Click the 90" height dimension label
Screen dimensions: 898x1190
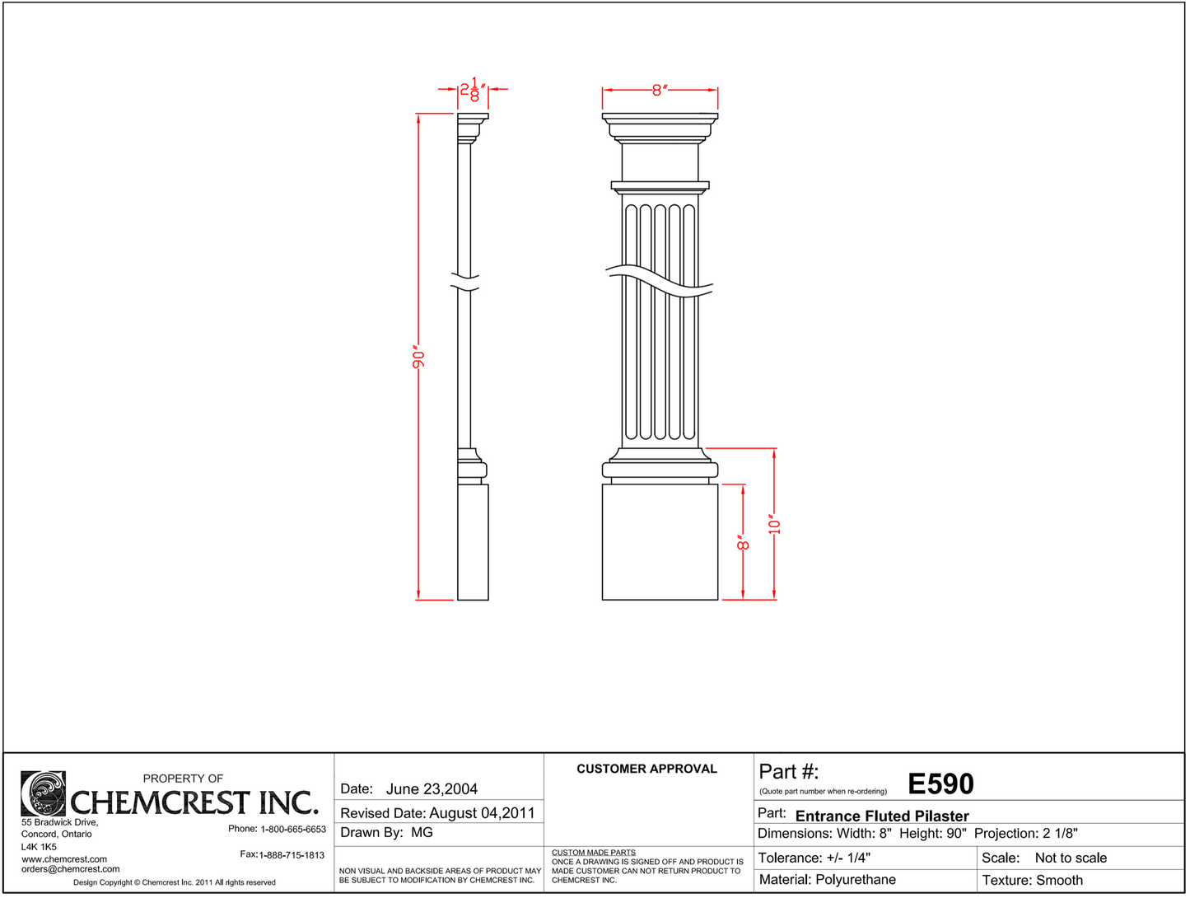pyautogui.click(x=418, y=358)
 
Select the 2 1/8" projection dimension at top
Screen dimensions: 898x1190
pyautogui.click(x=473, y=90)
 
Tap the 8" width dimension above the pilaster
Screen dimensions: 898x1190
pyautogui.click(x=659, y=90)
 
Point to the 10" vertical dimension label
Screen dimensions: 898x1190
pyautogui.click(x=774, y=524)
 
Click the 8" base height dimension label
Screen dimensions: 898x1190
pyautogui.click(x=743, y=543)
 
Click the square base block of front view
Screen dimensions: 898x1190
pyautogui.click(x=660, y=542)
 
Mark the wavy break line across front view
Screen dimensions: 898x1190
pyautogui.click(x=660, y=280)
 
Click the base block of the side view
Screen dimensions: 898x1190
pyautogui.click(x=473, y=542)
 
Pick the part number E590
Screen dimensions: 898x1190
pyautogui.click(x=940, y=784)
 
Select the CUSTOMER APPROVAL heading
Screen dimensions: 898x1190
pyautogui.click(x=646, y=769)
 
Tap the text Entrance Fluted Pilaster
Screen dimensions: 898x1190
pyautogui.click(x=882, y=816)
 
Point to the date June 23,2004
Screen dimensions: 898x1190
pyautogui.click(x=432, y=789)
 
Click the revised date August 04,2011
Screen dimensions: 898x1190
pyautogui.click(x=482, y=813)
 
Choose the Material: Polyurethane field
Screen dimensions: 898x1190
pyautogui.click(x=827, y=880)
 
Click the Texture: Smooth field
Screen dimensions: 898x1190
pyautogui.click(x=1032, y=880)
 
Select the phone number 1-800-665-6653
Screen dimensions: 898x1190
pyautogui.click(x=293, y=829)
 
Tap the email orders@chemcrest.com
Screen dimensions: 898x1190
pyautogui.click(x=71, y=869)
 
